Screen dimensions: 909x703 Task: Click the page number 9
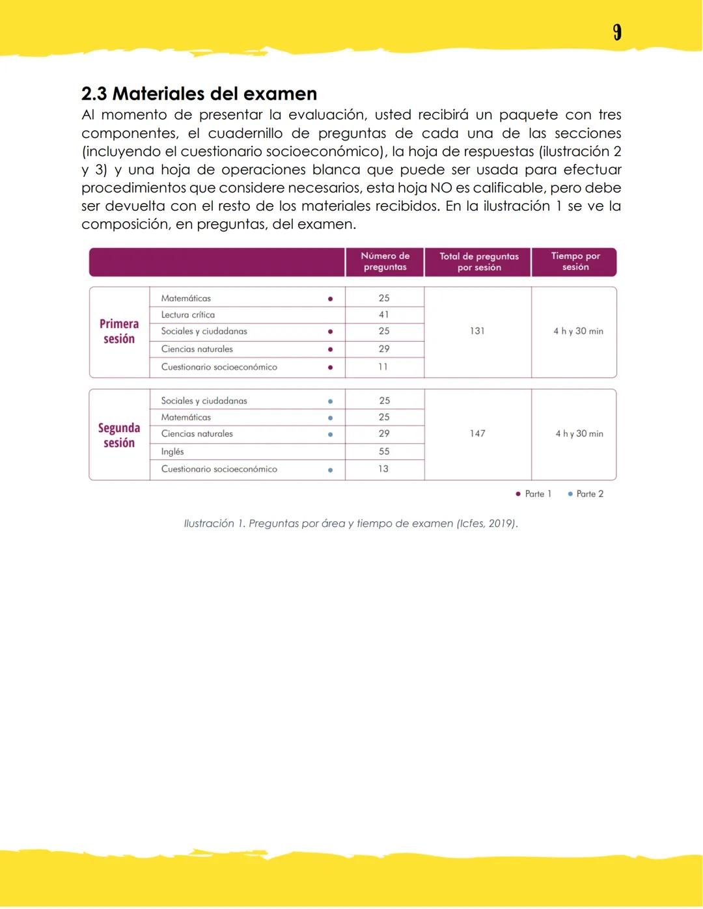(617, 33)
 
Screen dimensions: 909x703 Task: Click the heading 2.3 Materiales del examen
(199, 94)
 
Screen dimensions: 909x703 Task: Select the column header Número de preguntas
(385, 262)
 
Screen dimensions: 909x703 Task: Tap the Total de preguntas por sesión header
(478, 262)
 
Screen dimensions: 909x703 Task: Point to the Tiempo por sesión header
(575, 262)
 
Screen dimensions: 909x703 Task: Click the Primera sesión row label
(119, 331)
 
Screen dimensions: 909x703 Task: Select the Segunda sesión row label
(119, 435)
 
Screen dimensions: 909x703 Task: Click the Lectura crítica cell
(188, 315)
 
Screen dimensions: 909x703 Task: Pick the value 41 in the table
(384, 315)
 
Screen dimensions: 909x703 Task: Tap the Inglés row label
(172, 452)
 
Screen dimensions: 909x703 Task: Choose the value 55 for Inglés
(384, 452)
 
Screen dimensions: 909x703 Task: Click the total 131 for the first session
(477, 331)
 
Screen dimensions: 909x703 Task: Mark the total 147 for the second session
(477, 433)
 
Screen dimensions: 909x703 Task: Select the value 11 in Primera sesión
(383, 367)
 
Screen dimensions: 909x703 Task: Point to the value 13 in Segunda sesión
(383, 469)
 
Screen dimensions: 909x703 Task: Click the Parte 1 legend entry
(534, 494)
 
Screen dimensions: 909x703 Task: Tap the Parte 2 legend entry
(586, 494)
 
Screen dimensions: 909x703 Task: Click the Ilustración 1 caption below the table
(351, 524)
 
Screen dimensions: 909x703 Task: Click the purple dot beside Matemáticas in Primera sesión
(330, 299)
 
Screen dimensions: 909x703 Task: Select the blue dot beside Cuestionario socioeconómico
(330, 470)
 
